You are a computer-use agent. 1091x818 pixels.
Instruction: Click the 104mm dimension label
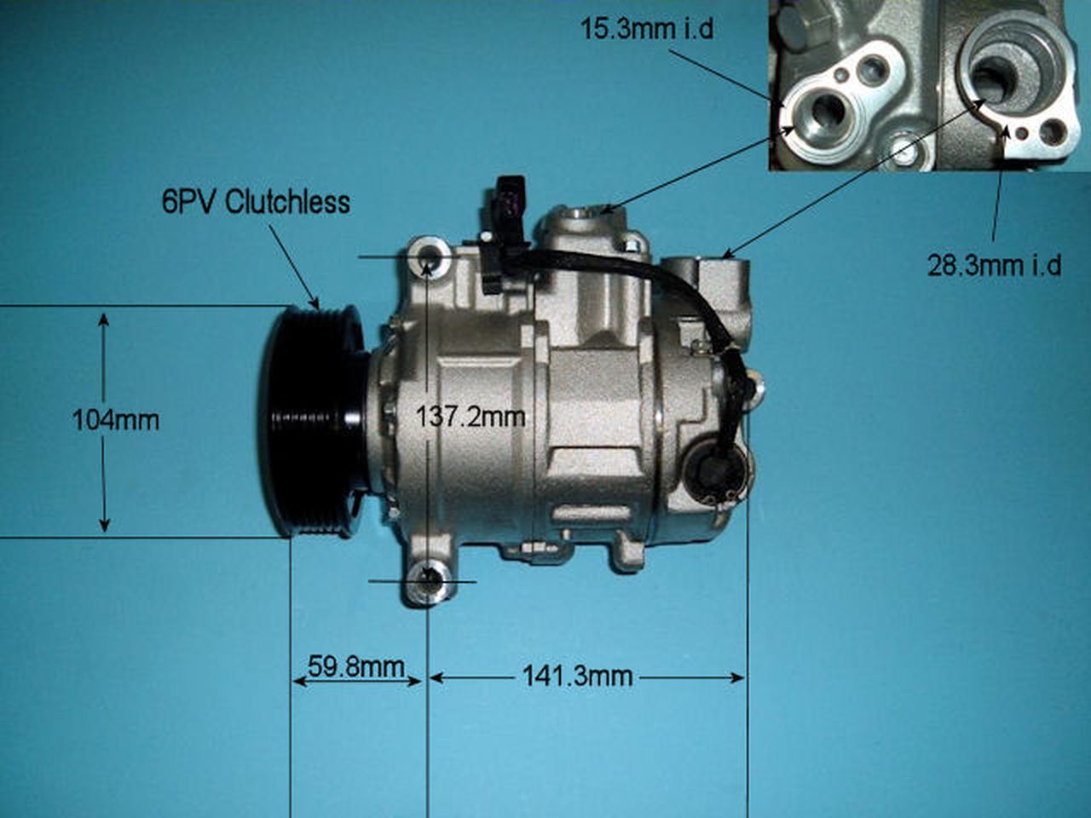coord(115,420)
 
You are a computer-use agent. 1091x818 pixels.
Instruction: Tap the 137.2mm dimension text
coord(470,418)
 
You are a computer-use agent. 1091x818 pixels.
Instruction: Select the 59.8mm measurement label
coord(356,666)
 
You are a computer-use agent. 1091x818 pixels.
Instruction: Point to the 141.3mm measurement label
coord(577,677)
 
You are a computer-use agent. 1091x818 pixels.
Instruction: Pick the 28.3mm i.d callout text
coord(994,265)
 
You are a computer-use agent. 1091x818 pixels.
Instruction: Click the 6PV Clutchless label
coord(256,202)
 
